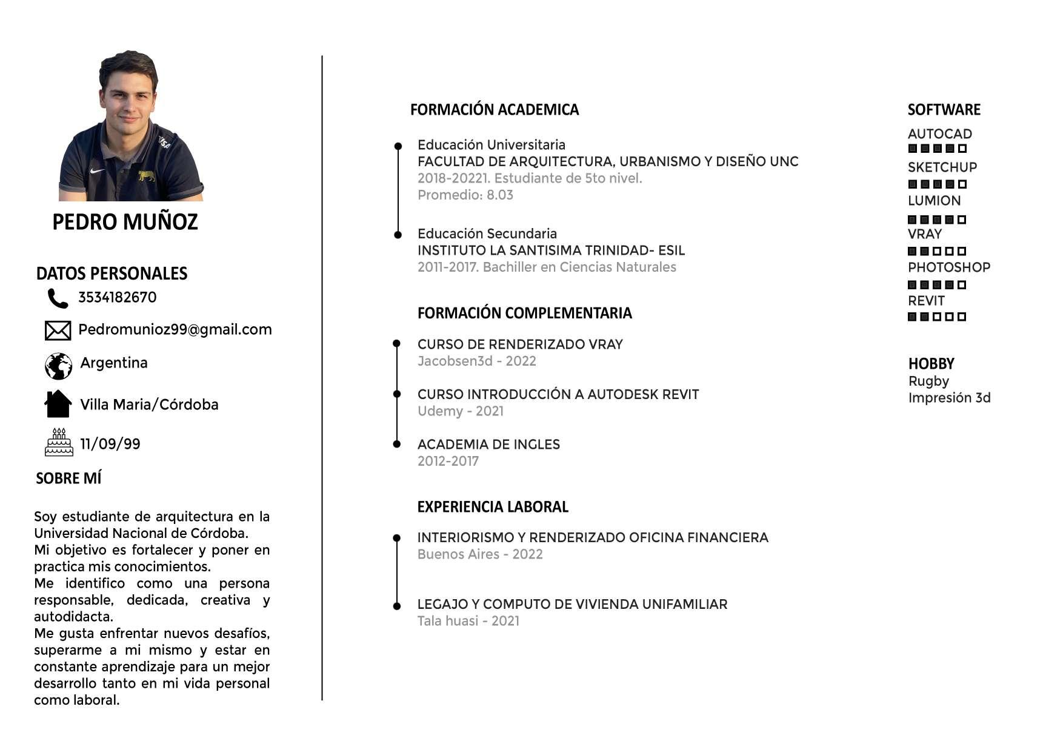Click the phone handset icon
(58, 298)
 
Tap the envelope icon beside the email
(58, 331)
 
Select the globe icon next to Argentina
(58, 366)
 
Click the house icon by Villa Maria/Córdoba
(58, 404)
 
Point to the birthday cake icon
(59, 442)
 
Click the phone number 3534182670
(117, 297)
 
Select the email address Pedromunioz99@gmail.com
(175, 329)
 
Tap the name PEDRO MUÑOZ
(125, 222)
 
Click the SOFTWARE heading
(944, 110)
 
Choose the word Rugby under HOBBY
(928, 381)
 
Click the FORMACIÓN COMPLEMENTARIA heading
(524, 313)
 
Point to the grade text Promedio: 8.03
(465, 195)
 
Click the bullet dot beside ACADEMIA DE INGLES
(397, 444)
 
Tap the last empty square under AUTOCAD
(962, 149)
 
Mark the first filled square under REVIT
(912, 317)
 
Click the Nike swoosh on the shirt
(97, 171)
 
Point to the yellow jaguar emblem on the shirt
(146, 176)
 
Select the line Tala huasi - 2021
(468, 621)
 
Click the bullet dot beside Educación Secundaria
(398, 235)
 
